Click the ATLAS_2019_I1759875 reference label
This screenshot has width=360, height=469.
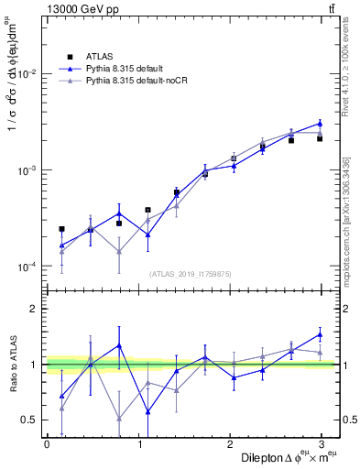189,273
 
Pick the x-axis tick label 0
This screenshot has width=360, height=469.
47,443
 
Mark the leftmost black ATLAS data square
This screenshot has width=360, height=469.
61,229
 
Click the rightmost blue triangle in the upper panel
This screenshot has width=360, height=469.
320,123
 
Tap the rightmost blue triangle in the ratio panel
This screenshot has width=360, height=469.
320,333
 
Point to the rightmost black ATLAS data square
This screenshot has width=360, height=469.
320,138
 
